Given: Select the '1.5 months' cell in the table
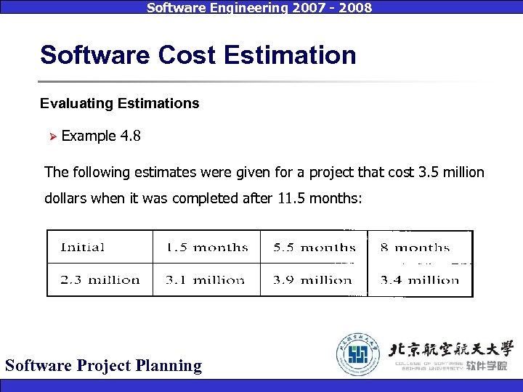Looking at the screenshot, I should point(206,248).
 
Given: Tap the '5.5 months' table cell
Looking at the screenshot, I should point(314,248).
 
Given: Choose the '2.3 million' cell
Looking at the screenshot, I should point(100,279).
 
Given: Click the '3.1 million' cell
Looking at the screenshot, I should point(206,279).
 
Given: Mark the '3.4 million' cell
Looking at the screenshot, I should point(420,279).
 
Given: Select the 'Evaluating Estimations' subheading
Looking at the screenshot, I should point(119,104).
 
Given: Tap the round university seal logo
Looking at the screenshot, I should point(357,354).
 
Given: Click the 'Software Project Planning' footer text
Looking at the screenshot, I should point(103,365).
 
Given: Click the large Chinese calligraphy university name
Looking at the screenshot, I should point(451,346).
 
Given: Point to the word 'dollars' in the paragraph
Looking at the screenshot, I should point(66,198).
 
